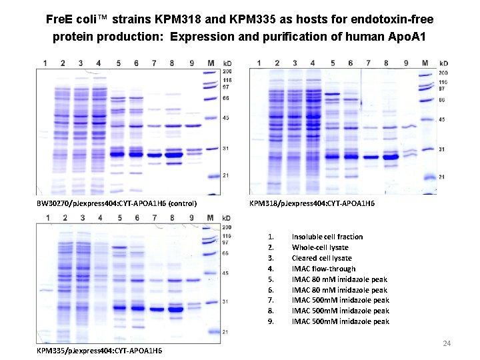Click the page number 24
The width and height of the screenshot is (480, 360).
(447, 343)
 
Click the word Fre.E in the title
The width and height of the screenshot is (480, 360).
(59, 18)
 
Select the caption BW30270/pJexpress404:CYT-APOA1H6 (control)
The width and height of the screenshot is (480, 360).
(116, 203)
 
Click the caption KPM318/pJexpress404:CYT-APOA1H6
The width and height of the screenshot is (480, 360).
(311, 203)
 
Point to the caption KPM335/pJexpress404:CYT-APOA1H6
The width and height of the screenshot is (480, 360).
(99, 351)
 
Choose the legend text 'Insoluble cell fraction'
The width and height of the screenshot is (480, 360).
(327, 237)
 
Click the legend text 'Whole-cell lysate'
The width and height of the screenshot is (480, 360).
(320, 247)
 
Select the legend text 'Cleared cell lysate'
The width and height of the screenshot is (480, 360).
(322, 258)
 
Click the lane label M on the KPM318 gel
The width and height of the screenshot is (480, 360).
(424, 63)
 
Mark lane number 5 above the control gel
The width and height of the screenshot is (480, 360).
(118, 63)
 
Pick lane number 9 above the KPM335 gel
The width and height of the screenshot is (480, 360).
(191, 218)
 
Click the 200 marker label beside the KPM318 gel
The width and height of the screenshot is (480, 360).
(443, 73)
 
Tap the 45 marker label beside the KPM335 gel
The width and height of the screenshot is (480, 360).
(226, 273)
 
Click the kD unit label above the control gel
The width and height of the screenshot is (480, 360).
(227, 63)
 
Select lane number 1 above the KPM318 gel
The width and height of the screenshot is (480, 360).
(259, 63)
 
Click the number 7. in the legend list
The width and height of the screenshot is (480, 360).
(270, 300)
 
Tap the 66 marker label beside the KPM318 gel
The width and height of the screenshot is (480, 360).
(441, 100)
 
